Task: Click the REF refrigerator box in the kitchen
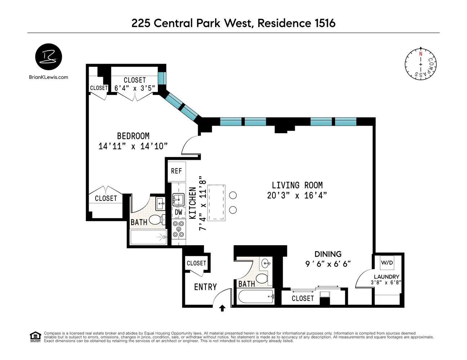[x=176, y=171]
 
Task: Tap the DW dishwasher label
[x=179, y=212]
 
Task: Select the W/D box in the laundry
[x=387, y=263]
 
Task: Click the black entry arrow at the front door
[x=222, y=308]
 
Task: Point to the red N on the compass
[x=421, y=54]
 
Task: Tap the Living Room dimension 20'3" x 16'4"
[x=297, y=195]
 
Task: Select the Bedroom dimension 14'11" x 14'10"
[x=133, y=146]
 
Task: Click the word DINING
[x=328, y=254]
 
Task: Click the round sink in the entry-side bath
[x=266, y=263]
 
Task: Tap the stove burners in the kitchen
[x=178, y=229]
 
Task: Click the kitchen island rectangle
[x=217, y=203]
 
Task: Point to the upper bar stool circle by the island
[x=233, y=195]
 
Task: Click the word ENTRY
[x=205, y=287]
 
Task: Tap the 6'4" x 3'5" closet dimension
[x=135, y=88]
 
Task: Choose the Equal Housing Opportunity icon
[x=35, y=337]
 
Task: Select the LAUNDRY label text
[x=386, y=277]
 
